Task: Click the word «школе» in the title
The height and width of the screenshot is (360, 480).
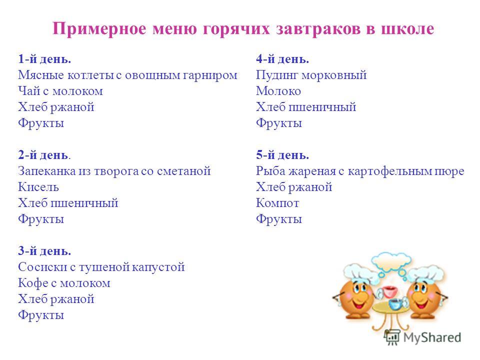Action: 407,29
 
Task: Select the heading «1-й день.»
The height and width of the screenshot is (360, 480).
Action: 44,59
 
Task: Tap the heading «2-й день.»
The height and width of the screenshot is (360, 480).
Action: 44,155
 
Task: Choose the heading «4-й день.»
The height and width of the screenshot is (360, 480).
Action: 282,59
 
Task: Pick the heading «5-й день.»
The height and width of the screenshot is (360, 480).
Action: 282,155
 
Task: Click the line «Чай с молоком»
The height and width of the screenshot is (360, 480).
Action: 60,91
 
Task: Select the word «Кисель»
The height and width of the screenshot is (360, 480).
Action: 38,186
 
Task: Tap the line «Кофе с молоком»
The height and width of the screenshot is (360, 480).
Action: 64,283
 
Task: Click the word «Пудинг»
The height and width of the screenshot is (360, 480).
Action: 277,75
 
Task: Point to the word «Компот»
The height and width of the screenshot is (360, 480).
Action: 277,203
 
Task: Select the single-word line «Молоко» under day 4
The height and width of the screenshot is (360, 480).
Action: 278,91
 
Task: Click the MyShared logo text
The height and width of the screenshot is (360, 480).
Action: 432,337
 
